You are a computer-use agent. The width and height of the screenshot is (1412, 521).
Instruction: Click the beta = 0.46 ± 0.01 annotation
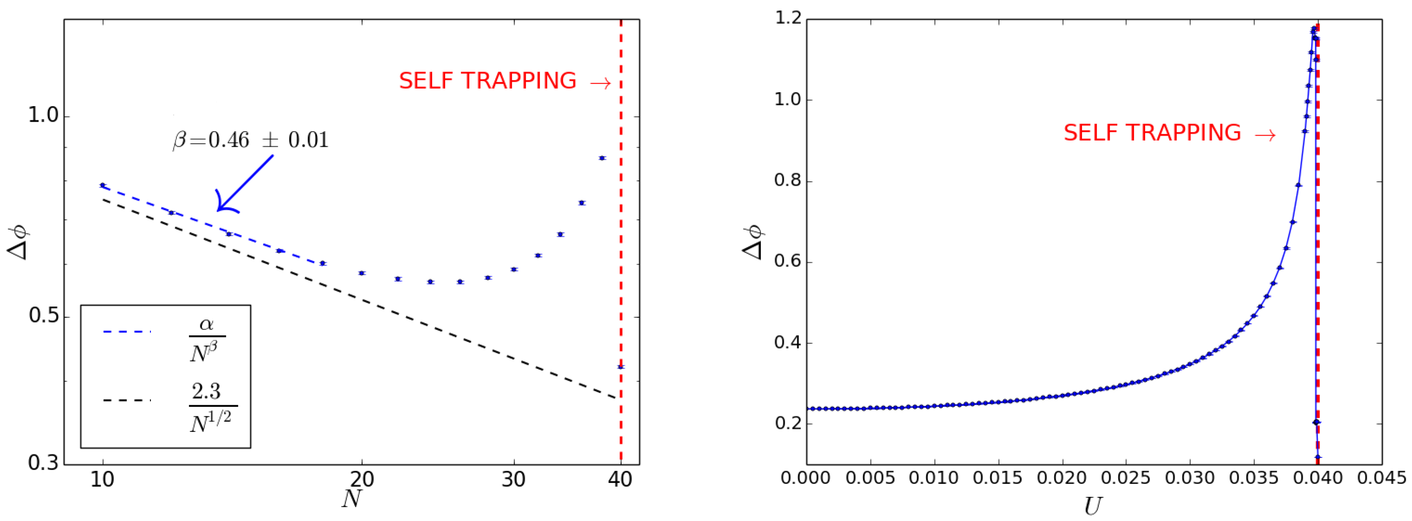click(250, 140)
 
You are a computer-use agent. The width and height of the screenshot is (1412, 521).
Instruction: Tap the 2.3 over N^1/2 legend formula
click(213, 408)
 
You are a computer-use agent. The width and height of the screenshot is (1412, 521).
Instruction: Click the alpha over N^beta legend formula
click(206, 340)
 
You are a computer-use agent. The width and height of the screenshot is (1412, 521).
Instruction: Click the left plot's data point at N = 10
click(102, 185)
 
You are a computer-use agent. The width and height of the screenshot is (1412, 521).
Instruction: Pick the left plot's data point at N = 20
click(362, 273)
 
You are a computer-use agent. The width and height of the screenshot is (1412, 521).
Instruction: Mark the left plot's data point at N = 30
click(514, 269)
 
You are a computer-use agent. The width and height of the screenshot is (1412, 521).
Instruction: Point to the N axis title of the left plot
click(352, 499)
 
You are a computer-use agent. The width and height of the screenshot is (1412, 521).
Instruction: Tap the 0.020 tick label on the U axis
click(1062, 478)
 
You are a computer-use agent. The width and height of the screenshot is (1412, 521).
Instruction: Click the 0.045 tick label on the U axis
click(1381, 478)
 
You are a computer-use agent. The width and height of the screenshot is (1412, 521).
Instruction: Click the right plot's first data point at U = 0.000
click(807, 409)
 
